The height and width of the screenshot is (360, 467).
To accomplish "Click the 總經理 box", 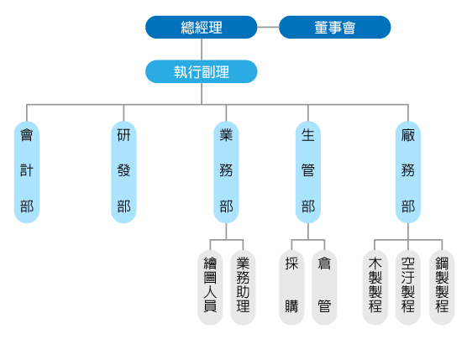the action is (202, 27).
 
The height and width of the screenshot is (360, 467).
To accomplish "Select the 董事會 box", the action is (335, 27).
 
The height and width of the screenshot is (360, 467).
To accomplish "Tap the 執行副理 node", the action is (202, 71).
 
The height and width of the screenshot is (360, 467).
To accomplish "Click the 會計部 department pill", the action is (27, 172).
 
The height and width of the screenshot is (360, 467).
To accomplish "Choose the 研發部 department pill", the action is (123, 172).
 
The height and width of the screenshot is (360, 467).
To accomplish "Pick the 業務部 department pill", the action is (226, 172).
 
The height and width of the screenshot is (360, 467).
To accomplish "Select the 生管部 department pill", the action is (308, 172).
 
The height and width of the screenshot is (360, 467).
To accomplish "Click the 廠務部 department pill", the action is (408, 172).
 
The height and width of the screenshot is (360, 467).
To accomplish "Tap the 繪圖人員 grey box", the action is (210, 287).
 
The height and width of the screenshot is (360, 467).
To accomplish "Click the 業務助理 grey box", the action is (243, 287).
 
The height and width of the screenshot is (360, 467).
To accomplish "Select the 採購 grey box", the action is (291, 287).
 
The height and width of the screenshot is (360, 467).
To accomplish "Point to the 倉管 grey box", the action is (324, 287).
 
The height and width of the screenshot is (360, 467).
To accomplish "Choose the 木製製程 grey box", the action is (375, 287).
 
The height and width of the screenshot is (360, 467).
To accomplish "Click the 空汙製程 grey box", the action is (408, 287).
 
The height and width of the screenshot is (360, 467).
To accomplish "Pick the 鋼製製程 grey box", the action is (442, 287).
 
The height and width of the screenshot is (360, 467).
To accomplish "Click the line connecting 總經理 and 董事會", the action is (268, 27).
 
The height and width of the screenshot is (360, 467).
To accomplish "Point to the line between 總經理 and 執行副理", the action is (202, 50).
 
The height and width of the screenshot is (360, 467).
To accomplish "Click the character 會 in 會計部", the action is (27, 135).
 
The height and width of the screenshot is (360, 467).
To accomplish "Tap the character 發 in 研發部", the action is (123, 170).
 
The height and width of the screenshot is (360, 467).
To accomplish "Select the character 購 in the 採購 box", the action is (291, 305).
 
